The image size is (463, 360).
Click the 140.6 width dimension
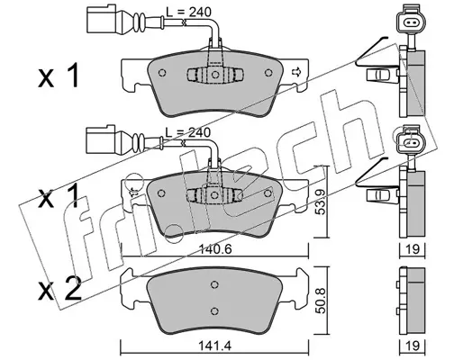215,249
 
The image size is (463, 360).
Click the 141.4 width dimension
215,346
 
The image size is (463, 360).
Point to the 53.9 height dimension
322,202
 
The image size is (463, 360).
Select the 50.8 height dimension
322,301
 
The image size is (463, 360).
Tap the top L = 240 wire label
189,12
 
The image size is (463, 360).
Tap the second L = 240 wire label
188,132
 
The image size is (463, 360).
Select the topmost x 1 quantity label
59,75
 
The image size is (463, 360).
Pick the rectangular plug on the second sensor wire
100,139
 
